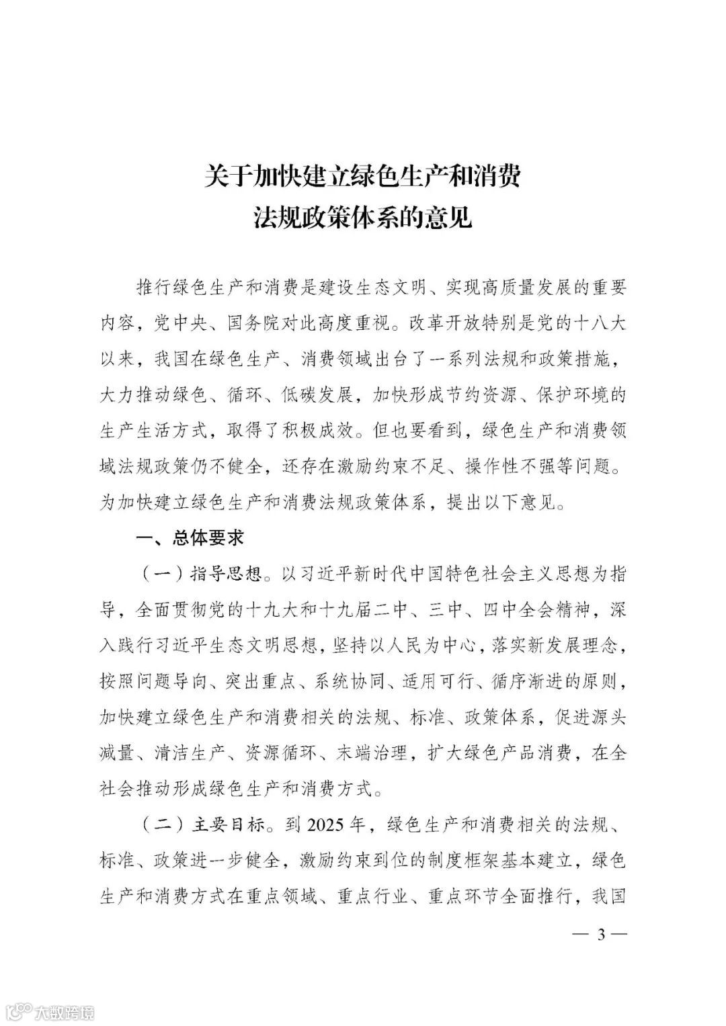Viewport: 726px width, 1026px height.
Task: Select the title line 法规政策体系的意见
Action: (x=362, y=218)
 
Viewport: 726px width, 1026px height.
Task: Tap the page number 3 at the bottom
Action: (x=602, y=934)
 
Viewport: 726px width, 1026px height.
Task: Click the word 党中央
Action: (x=184, y=323)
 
